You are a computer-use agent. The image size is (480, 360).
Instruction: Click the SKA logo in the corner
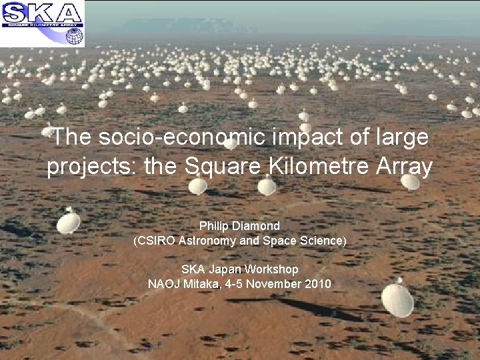[x=43, y=23]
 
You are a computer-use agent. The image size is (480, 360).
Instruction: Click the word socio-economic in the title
[x=182, y=137]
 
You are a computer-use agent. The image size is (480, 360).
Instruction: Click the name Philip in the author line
[x=215, y=226]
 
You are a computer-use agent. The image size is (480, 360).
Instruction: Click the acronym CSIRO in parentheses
[x=155, y=240]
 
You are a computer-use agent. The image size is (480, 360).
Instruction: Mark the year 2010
[x=317, y=283]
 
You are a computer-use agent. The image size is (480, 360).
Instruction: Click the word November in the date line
[x=277, y=283]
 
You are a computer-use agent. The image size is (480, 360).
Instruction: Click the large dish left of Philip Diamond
[x=69, y=221]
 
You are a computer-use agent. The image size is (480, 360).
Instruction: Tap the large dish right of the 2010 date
[x=397, y=299]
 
